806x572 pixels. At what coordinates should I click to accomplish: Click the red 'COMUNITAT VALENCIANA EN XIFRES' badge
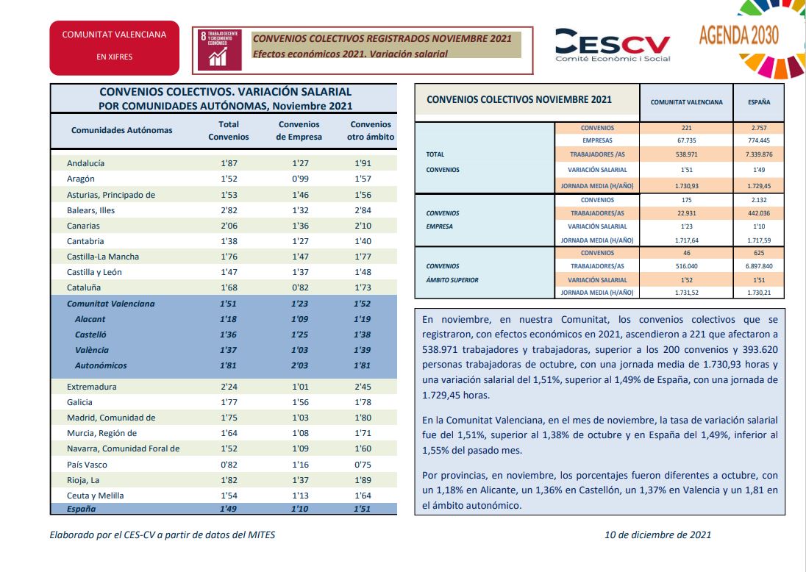(114, 48)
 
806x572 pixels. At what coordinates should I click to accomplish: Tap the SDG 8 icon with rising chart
(219, 49)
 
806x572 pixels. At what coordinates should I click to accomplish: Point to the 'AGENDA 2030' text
(738, 35)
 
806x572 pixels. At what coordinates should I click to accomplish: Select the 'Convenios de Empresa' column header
(299, 131)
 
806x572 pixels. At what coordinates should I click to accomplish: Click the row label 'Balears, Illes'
(90, 210)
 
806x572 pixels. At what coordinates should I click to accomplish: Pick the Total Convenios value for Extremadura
(229, 387)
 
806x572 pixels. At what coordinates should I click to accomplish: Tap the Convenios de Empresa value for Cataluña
(300, 287)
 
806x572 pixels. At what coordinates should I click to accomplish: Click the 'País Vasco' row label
(87, 465)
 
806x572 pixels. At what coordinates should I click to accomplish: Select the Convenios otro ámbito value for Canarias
(363, 226)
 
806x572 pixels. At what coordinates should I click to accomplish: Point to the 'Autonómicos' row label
(101, 365)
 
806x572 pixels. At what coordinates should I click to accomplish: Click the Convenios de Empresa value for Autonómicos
(300, 365)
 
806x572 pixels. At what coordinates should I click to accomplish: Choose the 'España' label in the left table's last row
(81, 509)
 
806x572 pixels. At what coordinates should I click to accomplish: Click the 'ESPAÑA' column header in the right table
(759, 102)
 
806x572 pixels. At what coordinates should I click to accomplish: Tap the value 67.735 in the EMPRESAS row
(686, 140)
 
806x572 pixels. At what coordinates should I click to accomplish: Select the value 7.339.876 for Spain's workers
(759, 154)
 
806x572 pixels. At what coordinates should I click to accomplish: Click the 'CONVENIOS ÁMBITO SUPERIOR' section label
(452, 273)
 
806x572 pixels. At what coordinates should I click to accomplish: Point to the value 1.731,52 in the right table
(686, 293)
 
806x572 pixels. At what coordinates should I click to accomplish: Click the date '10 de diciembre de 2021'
(657, 535)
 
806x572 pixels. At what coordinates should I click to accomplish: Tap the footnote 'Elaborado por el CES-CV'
(102, 535)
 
